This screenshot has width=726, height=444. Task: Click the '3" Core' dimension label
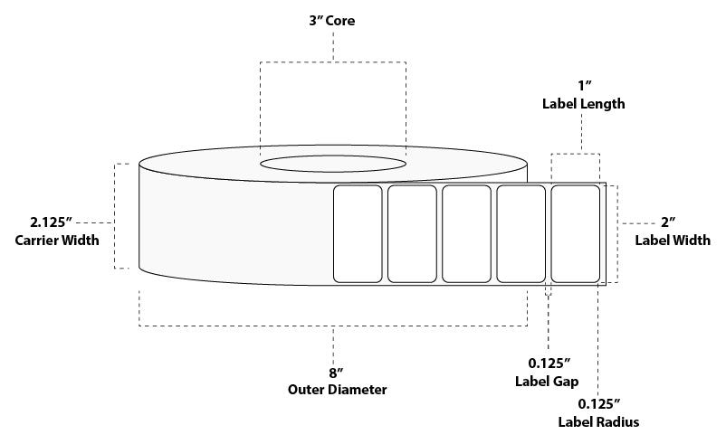point(333,21)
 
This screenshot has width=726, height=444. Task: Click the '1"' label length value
point(583,86)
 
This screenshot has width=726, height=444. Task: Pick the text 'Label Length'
point(583,104)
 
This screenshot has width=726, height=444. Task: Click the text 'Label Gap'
point(548,383)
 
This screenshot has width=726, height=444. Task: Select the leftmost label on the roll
point(358,234)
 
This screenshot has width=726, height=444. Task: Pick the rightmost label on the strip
point(575,234)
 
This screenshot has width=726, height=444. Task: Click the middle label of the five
point(466,234)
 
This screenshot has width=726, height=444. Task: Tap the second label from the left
point(412,234)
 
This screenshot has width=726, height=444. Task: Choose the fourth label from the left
point(521,234)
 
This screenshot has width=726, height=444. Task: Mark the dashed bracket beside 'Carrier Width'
point(116,216)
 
